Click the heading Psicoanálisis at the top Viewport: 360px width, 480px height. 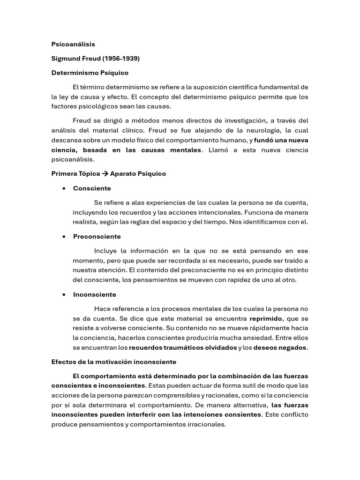tap(73, 44)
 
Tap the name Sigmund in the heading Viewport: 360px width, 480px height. tap(66, 59)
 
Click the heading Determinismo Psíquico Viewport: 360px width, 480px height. tap(90, 73)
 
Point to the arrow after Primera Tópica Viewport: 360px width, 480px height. tap(105, 173)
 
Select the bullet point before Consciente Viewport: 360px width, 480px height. tap(62, 188)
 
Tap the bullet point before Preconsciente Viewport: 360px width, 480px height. tap(62, 237)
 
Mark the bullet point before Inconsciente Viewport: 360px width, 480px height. tap(62, 295)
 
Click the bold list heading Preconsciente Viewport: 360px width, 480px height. tap(97, 237)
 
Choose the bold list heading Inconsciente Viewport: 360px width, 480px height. tap(95, 295)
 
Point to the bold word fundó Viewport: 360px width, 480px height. tap(264, 140)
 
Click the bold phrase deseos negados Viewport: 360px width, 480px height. tap(280, 348)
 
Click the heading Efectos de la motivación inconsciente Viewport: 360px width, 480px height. tap(114, 362)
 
